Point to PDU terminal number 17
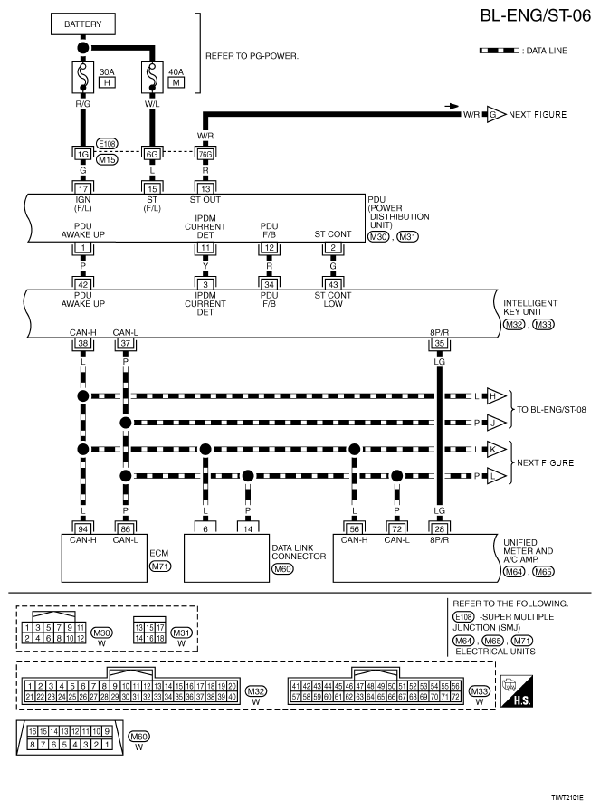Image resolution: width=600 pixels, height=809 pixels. click(x=83, y=187)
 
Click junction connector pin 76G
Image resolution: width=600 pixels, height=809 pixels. click(x=205, y=155)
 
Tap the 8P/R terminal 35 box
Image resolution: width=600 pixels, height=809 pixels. click(x=440, y=344)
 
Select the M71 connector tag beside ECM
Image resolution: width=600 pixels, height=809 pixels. click(x=160, y=566)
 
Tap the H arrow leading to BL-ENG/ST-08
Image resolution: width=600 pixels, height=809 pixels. click(x=496, y=396)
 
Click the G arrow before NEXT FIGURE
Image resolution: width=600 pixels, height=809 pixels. click(x=494, y=115)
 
